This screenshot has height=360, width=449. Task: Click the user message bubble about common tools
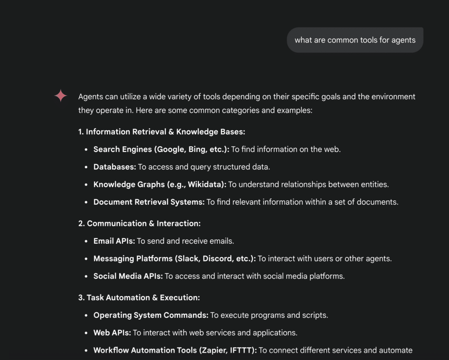tap(355, 40)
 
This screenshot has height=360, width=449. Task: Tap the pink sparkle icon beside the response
tap(61, 96)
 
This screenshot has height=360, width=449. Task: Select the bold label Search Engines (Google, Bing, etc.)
tap(161, 149)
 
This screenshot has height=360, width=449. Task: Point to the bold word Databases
tap(115, 167)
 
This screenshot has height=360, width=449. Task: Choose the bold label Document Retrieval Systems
tap(149, 202)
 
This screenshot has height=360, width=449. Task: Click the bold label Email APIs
tap(114, 241)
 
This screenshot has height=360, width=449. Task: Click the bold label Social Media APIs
tap(128, 276)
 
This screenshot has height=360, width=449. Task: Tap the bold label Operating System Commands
tap(151, 315)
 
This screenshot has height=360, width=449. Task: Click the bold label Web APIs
tap(112, 332)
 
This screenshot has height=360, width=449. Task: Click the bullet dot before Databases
tap(86, 167)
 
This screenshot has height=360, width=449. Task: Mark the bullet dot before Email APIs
tap(86, 241)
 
